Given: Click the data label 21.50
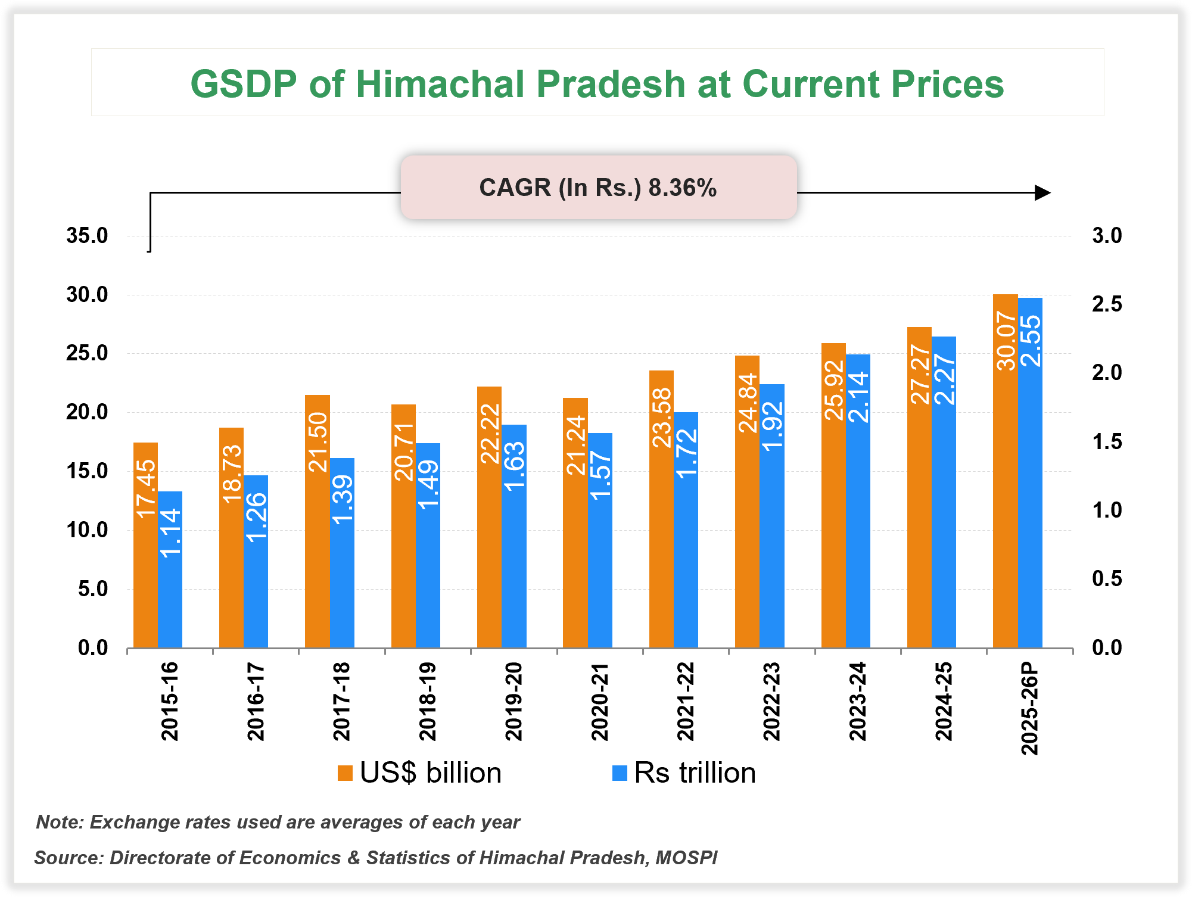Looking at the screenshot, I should [318, 442].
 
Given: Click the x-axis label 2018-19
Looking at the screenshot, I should [428, 701].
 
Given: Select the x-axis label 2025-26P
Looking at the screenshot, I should [1030, 708].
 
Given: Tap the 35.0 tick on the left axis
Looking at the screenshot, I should [87, 236].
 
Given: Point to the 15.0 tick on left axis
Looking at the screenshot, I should [87, 471].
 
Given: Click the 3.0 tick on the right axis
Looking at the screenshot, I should [1106, 236].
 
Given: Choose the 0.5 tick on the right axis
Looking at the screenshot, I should [1106, 579].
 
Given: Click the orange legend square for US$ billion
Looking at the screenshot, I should [345, 773].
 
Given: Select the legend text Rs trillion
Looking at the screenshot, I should [695, 773].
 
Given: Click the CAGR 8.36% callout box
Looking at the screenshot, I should [598, 188].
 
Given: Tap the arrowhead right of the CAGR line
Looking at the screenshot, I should [1042, 193].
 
